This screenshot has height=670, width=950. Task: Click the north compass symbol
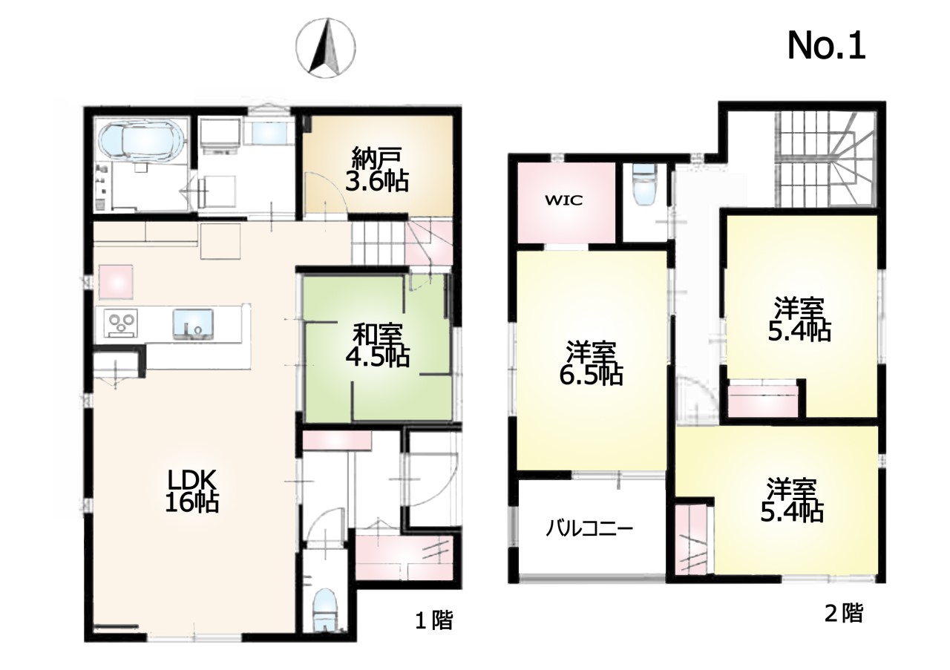point(326,48)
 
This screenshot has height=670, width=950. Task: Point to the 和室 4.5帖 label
point(378,345)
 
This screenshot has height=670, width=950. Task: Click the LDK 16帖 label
point(191,491)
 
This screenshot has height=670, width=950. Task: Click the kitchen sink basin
point(193,324)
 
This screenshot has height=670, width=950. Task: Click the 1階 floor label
point(434,621)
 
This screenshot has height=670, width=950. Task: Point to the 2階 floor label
point(844,613)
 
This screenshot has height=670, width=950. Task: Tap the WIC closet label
point(563,200)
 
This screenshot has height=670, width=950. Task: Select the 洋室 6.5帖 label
point(592,364)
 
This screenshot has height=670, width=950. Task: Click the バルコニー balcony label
point(589,529)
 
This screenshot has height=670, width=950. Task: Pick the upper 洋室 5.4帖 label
point(799,320)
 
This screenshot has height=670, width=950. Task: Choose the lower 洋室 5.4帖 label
point(792,500)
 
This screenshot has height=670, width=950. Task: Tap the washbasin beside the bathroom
point(269,132)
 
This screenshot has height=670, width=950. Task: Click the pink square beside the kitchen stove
point(117,281)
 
